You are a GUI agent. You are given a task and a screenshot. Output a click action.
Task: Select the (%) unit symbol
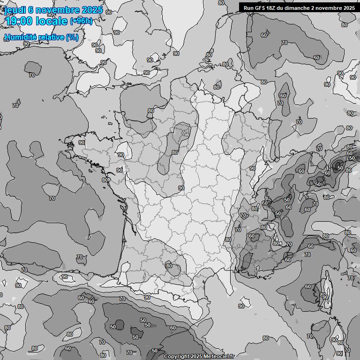[x=72, y=37]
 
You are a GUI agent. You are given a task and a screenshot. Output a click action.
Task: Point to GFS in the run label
[x=261, y=8]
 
